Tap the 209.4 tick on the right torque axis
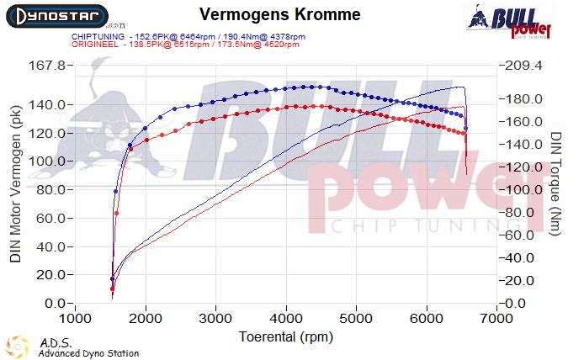pyautogui.click(x=524, y=66)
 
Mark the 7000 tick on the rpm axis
pyautogui.click(x=498, y=320)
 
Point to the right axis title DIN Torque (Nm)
pyautogui.click(x=556, y=193)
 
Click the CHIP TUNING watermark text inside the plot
pyautogui.click(x=412, y=225)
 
